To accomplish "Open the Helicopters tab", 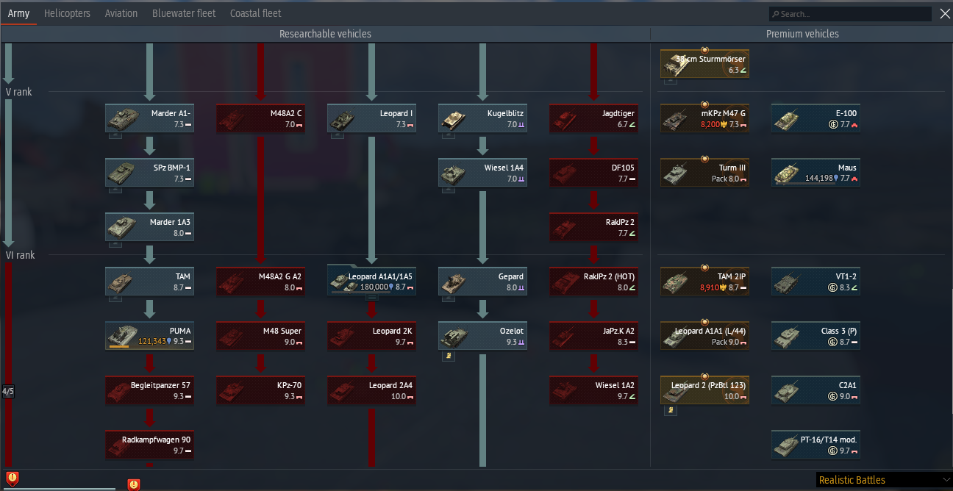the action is pos(67,14).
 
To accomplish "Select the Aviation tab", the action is pos(121,14).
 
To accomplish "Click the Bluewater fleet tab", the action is pos(184,14).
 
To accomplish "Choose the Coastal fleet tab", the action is pos(255,14).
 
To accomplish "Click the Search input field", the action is pos(850,14).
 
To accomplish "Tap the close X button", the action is pos(945,14).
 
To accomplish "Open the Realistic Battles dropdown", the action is pos(884,480).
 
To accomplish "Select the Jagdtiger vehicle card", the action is pos(593,118).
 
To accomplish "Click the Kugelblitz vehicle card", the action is pos(482,118).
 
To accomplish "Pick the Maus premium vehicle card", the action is pos(815,173).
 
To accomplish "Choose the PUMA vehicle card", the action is pos(149,336).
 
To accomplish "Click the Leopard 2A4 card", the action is pos(371,390).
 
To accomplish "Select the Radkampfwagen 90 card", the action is pos(149,445).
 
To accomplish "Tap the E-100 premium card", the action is pos(815,118).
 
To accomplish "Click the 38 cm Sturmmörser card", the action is pos(704,64).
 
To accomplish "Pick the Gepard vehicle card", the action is pos(482,282).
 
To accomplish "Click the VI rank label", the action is pos(20,255).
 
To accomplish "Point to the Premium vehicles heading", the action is pos(802,34).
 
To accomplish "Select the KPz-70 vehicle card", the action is pos(260,390).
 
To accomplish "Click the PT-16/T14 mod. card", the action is pos(815,445).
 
